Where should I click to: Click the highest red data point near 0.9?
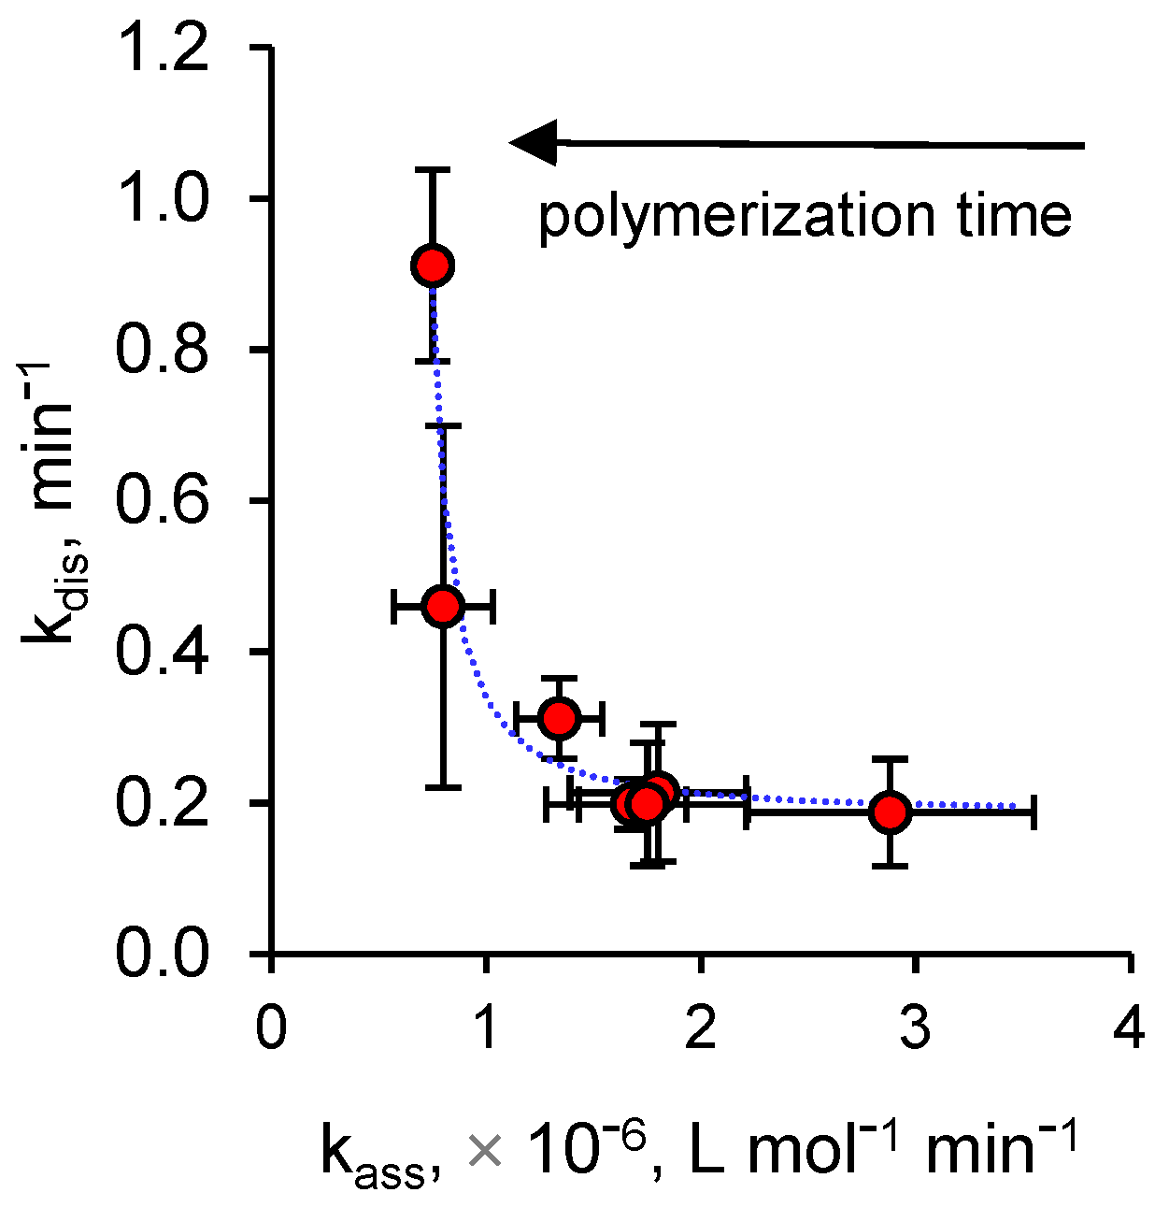[433, 266]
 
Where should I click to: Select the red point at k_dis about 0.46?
[443, 607]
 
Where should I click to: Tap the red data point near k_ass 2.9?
[891, 812]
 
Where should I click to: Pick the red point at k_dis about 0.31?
[560, 718]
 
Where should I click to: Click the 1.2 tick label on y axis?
[162, 48]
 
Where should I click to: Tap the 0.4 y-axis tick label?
[162, 652]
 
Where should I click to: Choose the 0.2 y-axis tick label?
[162, 803]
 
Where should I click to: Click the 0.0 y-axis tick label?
[162, 954]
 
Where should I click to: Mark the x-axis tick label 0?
[271, 1026]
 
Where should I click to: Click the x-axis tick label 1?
[486, 1026]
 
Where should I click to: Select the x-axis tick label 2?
[701, 1026]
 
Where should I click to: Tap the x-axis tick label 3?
[915, 1026]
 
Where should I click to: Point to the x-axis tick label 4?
[1130, 1026]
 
